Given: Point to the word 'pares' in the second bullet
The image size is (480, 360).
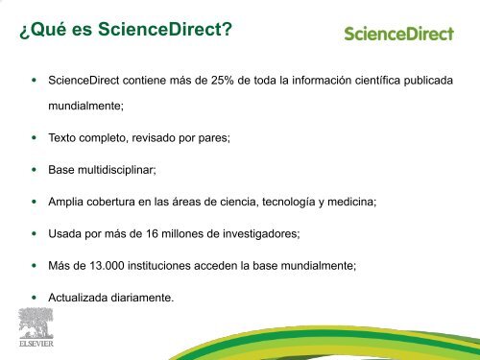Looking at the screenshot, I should tap(207, 139).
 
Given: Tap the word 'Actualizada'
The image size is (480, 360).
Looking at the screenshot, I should tap(78, 297).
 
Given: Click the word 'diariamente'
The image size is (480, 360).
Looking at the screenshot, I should tap(142, 297).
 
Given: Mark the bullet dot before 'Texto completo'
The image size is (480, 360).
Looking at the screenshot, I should tap(36, 139).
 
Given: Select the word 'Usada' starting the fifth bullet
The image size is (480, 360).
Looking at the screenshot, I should tap(63, 233).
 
